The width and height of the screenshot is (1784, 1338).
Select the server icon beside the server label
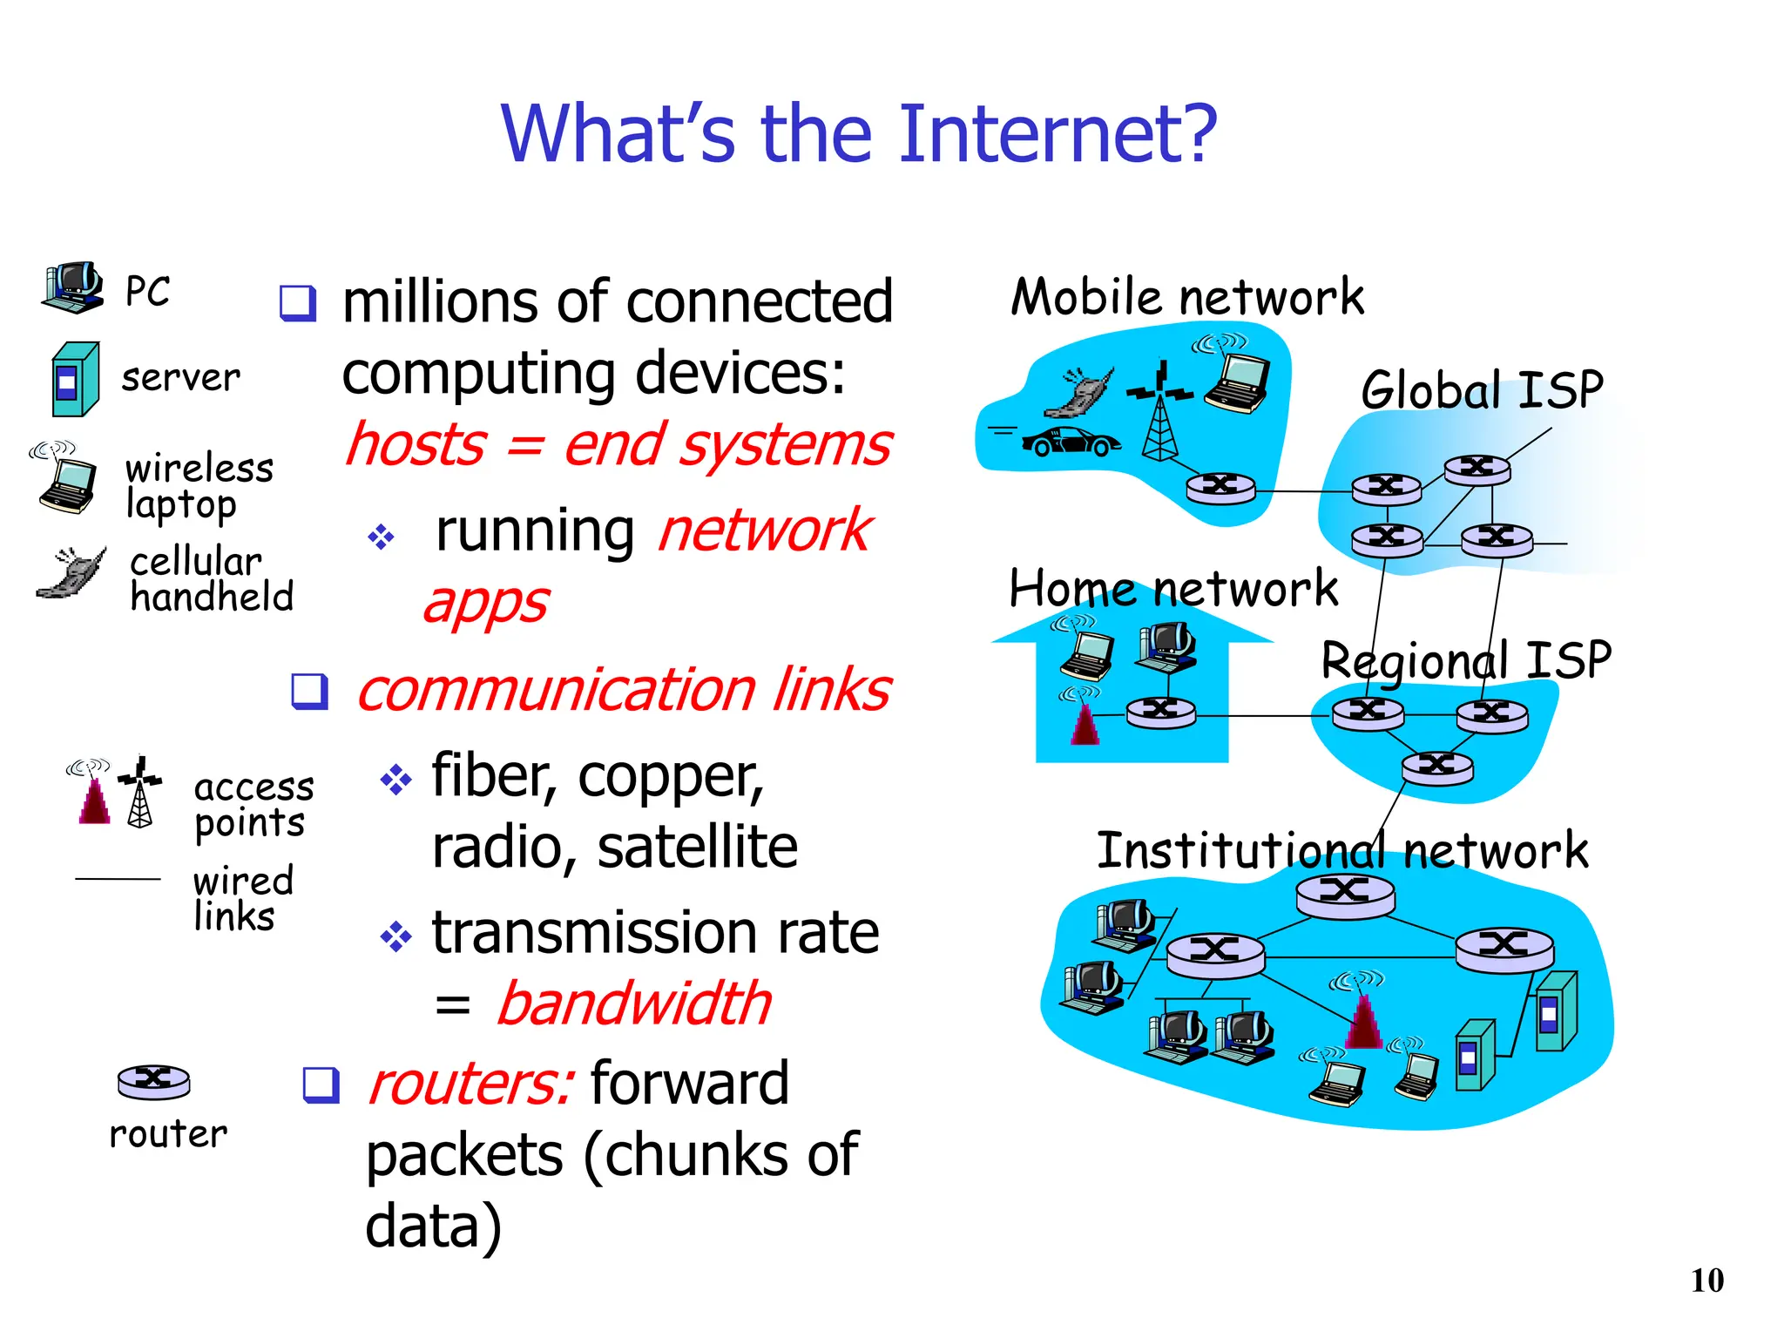tap(75, 379)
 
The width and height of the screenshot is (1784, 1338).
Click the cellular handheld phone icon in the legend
tap(72, 573)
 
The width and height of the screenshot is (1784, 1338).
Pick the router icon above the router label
tap(153, 1081)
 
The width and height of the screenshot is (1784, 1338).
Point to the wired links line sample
tap(118, 879)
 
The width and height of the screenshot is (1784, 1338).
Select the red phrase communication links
tap(624, 689)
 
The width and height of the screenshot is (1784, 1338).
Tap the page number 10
tap(1706, 1281)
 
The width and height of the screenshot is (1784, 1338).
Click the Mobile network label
tap(1186, 297)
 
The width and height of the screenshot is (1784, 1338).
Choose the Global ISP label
tap(1482, 389)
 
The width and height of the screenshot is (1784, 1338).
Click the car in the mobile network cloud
tap(1071, 442)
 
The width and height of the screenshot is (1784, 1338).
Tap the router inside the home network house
tap(1161, 713)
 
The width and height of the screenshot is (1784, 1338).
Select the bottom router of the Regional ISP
tap(1437, 767)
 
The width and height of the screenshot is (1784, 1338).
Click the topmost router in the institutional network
tap(1345, 894)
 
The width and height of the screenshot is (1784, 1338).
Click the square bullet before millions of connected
tap(297, 303)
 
